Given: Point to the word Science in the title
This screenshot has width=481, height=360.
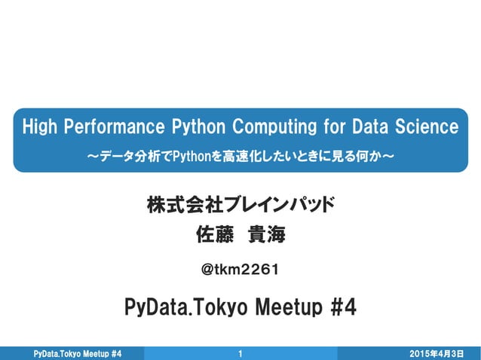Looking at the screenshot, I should click(426, 126).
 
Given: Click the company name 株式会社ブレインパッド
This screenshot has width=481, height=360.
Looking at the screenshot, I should click(240, 204).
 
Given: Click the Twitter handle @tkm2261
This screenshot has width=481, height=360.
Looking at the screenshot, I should click(241, 269).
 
